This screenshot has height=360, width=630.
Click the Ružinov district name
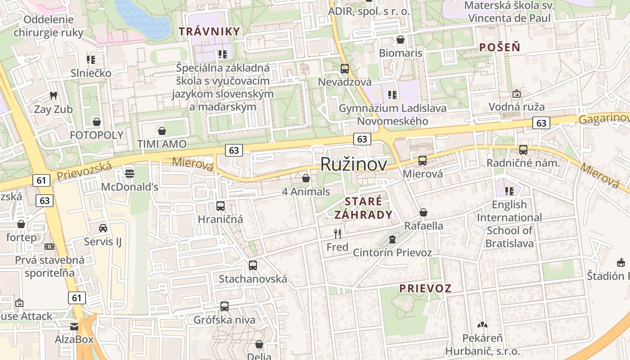[x=353, y=165]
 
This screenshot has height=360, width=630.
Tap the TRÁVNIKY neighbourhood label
[x=209, y=31]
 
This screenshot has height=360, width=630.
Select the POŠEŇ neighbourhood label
[x=499, y=47]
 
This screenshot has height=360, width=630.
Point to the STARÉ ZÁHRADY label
[x=363, y=208]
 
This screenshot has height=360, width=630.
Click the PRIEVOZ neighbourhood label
[x=425, y=288]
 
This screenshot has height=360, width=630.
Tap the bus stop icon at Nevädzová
[x=345, y=69]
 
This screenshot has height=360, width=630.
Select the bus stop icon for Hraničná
[x=220, y=206]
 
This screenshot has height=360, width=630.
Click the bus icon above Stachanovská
[x=253, y=265]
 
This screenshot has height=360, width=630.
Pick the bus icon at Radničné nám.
[x=523, y=150]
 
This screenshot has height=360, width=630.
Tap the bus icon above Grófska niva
[x=225, y=306]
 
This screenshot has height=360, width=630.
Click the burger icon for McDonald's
[x=130, y=173]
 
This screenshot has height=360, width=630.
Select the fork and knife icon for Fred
[x=337, y=234]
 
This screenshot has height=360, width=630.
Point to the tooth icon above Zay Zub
[x=54, y=95]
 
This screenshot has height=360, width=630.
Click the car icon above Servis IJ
[x=103, y=228]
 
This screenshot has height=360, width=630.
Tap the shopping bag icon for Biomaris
[x=400, y=40]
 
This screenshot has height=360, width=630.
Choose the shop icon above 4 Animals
[x=306, y=178]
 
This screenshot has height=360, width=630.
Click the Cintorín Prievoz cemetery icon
[x=392, y=239]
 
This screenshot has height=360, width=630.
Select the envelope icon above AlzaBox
[x=74, y=326]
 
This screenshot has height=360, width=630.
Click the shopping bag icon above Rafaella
[x=423, y=212]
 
